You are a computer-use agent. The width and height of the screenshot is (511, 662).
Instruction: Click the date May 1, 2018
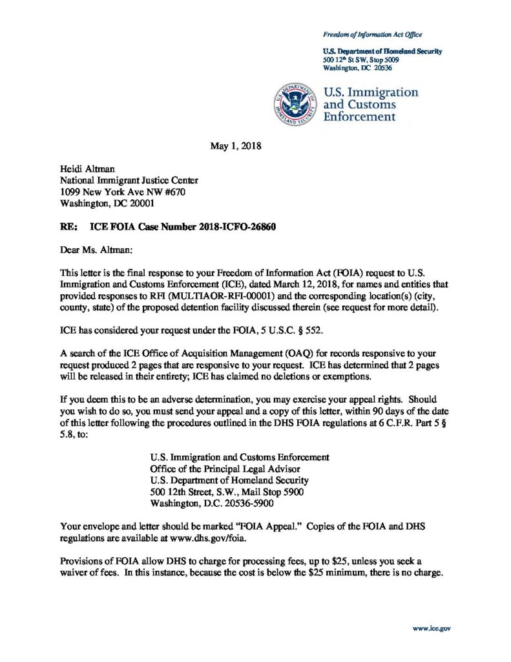(236, 146)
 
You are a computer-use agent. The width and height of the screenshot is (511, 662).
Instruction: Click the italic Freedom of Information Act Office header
(373, 34)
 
